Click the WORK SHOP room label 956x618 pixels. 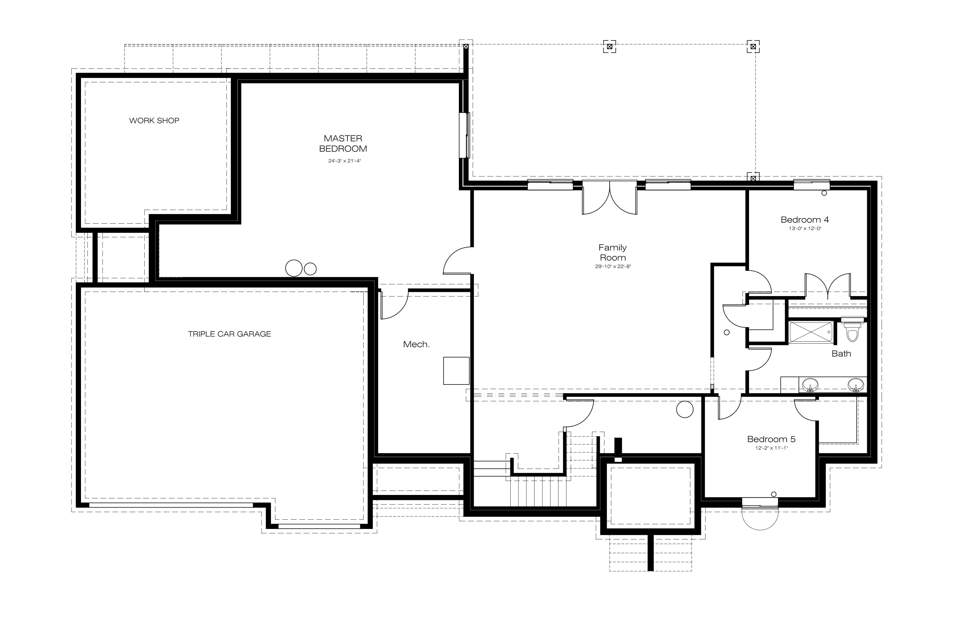(154, 121)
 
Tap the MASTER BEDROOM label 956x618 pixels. (343, 143)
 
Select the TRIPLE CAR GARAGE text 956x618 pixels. (229, 334)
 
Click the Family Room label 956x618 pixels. (613, 253)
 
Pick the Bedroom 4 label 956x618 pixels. (804, 219)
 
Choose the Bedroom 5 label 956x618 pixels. (771, 439)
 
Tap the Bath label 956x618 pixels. (841, 354)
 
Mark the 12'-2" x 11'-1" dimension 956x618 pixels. (771, 448)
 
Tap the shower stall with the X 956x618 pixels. (811, 332)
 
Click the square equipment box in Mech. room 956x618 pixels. (456, 371)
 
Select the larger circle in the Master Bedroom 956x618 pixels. (294, 268)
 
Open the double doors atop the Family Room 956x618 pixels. (610, 197)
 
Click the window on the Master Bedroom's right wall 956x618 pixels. (465, 135)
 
